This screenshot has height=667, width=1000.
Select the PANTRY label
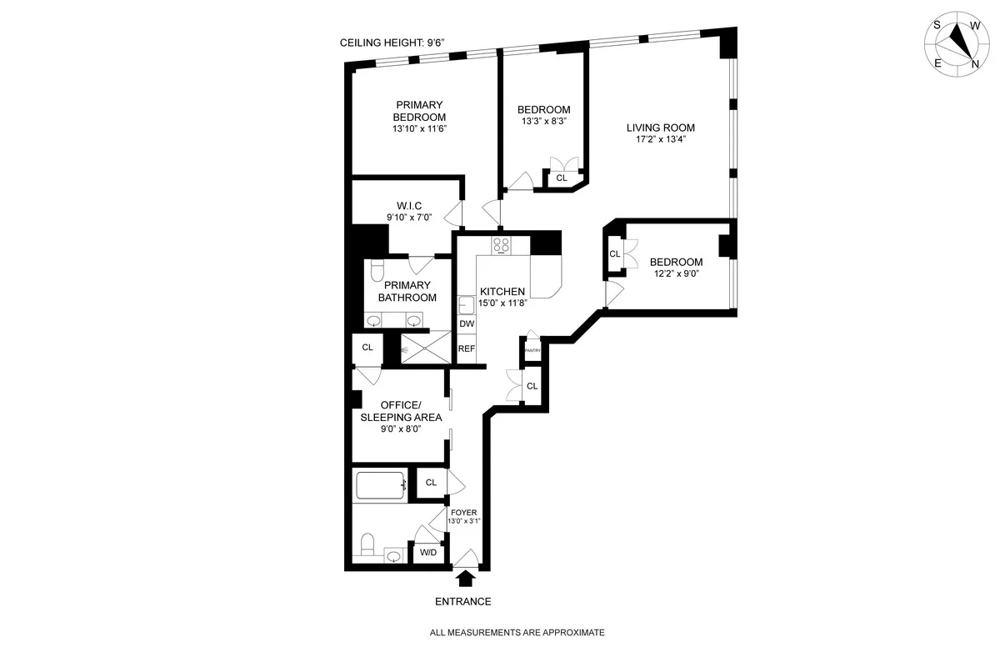pos(532,351)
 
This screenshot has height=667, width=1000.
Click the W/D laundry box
pos(428,552)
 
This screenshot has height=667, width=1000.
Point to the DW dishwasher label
pos(467,323)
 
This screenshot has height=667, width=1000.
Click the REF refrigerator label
pos(467,349)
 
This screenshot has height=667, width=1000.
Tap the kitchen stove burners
pos(502,244)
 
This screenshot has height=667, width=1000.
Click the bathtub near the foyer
pos(381,485)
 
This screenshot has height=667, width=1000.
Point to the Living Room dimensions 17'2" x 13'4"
pos(661,140)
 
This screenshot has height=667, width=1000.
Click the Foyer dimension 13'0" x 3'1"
pos(465,521)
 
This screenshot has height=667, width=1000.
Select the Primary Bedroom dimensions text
pos(421,128)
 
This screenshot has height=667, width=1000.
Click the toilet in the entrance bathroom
pos(367,546)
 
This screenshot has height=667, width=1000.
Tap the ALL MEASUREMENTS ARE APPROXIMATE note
pos(517,633)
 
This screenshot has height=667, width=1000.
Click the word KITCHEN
pos(502,292)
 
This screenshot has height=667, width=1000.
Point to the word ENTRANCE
pos(463,601)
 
